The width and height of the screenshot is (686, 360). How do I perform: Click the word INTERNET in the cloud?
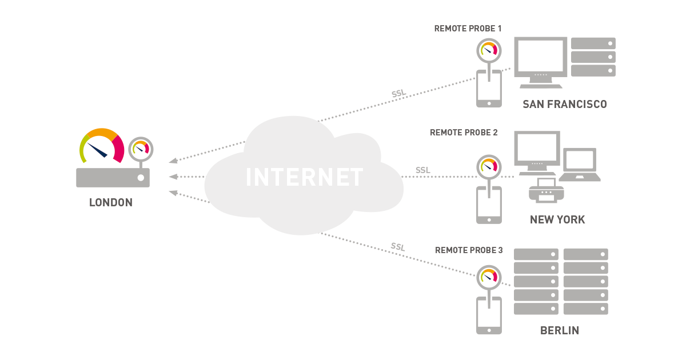pyautogui.click(x=304, y=177)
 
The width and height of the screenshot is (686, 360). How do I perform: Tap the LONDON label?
pyautogui.click(x=111, y=203)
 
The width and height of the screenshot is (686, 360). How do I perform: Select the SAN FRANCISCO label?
pyautogui.click(x=564, y=104)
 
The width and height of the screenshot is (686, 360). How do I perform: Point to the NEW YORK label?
pyautogui.click(x=557, y=220)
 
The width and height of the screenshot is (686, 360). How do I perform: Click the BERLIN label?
pyautogui.click(x=560, y=331)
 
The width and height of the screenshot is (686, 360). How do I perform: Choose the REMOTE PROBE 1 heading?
pyautogui.click(x=468, y=28)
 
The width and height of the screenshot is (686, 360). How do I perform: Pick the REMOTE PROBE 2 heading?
pyautogui.click(x=464, y=133)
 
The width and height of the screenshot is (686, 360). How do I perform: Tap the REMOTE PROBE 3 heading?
pyautogui.click(x=469, y=250)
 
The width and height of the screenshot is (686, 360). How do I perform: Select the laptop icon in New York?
pyautogui.click(x=580, y=165)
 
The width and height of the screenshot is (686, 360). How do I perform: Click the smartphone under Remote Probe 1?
pyautogui.click(x=489, y=89)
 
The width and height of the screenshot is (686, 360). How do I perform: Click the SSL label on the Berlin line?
pyautogui.click(x=398, y=247)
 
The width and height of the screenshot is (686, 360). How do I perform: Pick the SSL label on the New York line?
pyautogui.click(x=423, y=170)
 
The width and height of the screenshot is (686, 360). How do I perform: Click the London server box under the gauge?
pyautogui.click(x=113, y=178)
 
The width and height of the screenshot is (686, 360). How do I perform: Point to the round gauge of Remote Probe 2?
pyautogui.click(x=489, y=166)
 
